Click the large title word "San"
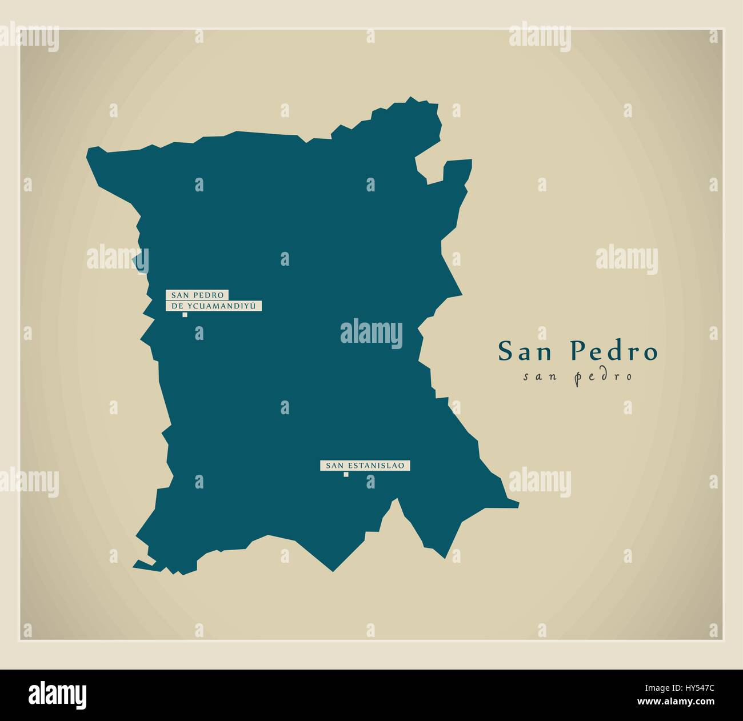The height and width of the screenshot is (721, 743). (x=528, y=351)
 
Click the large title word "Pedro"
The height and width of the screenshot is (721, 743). (x=614, y=351)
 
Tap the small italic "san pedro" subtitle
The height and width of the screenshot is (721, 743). (x=578, y=376)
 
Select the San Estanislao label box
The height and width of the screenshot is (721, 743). (x=365, y=466)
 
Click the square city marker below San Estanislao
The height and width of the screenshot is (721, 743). (x=346, y=474)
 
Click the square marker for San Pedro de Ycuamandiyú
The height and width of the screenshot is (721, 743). (x=185, y=315)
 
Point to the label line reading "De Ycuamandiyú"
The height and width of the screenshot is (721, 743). (x=214, y=306)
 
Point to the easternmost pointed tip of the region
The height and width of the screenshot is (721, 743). (x=518, y=504)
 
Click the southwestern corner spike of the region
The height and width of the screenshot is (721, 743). (x=135, y=567)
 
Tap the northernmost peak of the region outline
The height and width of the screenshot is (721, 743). (x=410, y=99)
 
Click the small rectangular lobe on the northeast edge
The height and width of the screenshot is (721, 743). (x=457, y=169)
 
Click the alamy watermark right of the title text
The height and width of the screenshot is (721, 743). (x=626, y=258)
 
